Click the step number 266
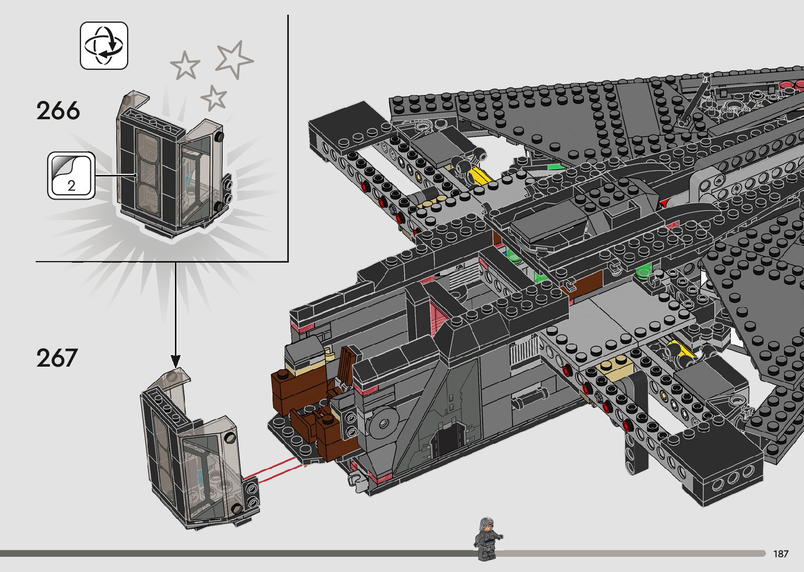tap(58, 111)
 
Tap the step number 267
tap(57, 358)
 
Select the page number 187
tap(780, 554)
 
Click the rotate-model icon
tap(104, 46)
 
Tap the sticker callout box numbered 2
tap(71, 176)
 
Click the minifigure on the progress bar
tap(488, 539)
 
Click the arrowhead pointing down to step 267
tap(175, 361)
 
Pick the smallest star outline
tap(213, 98)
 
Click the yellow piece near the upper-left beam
tap(479, 175)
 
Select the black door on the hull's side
tap(447, 441)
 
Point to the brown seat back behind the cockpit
tap(347, 365)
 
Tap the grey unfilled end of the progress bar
tap(630, 554)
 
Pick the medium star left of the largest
tap(185, 65)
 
